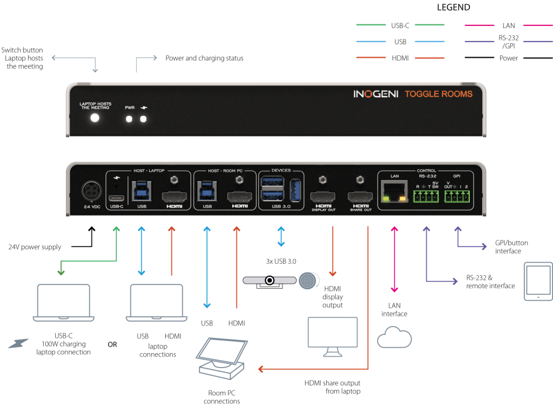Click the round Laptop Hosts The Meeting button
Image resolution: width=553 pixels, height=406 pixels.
tap(95, 118)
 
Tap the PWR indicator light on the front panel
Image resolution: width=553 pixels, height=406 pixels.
tap(129, 119)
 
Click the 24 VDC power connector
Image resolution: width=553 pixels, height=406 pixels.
tap(92, 191)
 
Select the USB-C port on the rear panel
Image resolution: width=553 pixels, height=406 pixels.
tap(117, 198)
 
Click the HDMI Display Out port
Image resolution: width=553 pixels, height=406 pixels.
tap(323, 196)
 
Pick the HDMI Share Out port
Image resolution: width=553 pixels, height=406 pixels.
tap(360, 196)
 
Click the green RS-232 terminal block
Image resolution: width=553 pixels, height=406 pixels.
tap(426, 196)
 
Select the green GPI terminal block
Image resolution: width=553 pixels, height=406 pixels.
tap(457, 196)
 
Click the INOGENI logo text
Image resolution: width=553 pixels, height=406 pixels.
tap(376, 94)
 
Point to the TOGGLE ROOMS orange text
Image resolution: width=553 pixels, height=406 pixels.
tap(439, 94)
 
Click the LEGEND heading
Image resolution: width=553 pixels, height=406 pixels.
tap(454, 8)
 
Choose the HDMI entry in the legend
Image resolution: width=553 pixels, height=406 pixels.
tap(400, 58)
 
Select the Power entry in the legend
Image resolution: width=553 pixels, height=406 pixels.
tap(509, 58)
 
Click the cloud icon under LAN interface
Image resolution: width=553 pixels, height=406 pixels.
tap(394, 337)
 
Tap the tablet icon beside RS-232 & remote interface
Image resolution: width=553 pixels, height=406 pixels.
tap(538, 281)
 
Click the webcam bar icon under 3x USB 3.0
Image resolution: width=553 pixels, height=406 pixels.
tap(269, 281)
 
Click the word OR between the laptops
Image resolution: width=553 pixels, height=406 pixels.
tap(112, 344)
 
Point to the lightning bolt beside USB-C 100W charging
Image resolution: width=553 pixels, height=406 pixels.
tap(18, 343)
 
